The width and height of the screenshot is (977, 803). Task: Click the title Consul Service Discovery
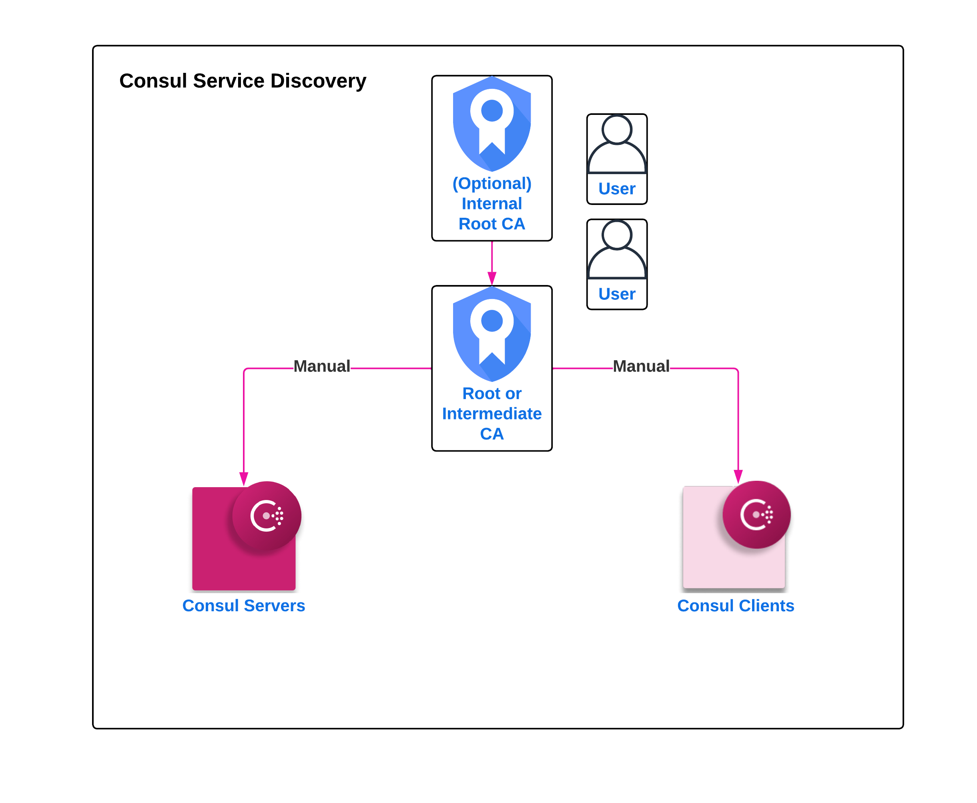point(242,81)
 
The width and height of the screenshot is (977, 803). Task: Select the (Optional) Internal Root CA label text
point(492,203)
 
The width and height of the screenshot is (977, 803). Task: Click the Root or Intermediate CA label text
point(492,414)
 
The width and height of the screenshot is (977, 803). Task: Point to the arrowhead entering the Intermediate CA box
point(492,279)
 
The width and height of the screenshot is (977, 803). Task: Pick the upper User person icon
point(617,144)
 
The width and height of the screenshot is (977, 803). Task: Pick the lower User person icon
point(617,249)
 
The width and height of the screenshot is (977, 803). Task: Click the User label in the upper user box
point(617,189)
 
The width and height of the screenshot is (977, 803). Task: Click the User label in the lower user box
point(617,294)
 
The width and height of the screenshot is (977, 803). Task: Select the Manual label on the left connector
point(322,366)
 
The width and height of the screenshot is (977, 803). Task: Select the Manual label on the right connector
point(641,366)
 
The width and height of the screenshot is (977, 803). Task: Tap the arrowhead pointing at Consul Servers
point(244,479)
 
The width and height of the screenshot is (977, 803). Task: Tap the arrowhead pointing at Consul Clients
point(738,476)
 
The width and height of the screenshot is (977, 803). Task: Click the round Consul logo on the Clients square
point(756,514)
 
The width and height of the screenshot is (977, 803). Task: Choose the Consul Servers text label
point(244,606)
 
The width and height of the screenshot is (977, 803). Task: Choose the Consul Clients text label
point(736,606)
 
